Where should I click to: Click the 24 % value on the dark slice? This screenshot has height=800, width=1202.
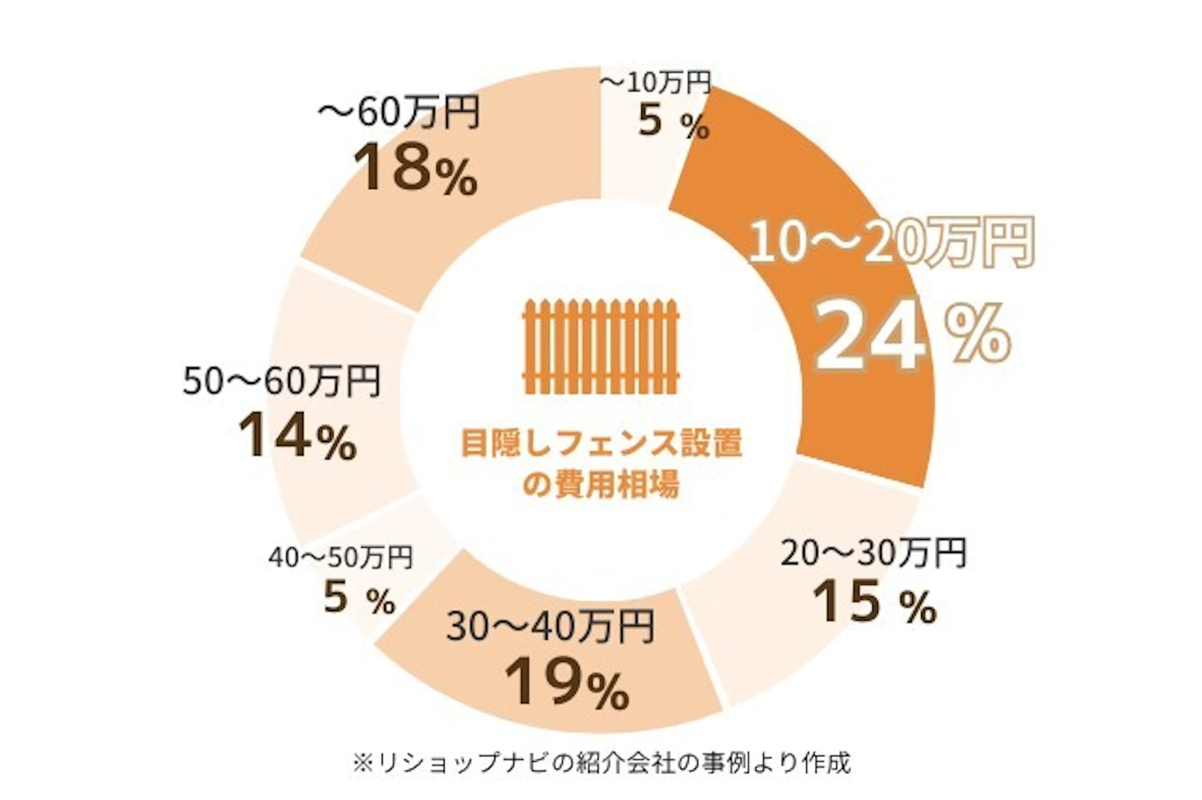[x=911, y=338]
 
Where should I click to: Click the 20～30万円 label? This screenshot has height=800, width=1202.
[x=873, y=553]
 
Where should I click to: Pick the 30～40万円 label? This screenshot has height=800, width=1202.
[x=550, y=627]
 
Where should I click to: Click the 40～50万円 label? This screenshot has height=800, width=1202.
[x=341, y=558]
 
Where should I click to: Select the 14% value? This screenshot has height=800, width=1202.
[x=297, y=436]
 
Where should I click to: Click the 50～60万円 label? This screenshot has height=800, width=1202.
[x=282, y=381]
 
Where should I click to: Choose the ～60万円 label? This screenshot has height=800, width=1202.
[x=399, y=113]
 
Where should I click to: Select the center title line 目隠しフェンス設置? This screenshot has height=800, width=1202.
[x=601, y=443]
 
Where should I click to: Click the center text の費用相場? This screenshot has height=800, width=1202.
[x=601, y=483]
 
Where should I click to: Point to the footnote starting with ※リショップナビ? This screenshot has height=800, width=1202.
[x=601, y=763]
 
